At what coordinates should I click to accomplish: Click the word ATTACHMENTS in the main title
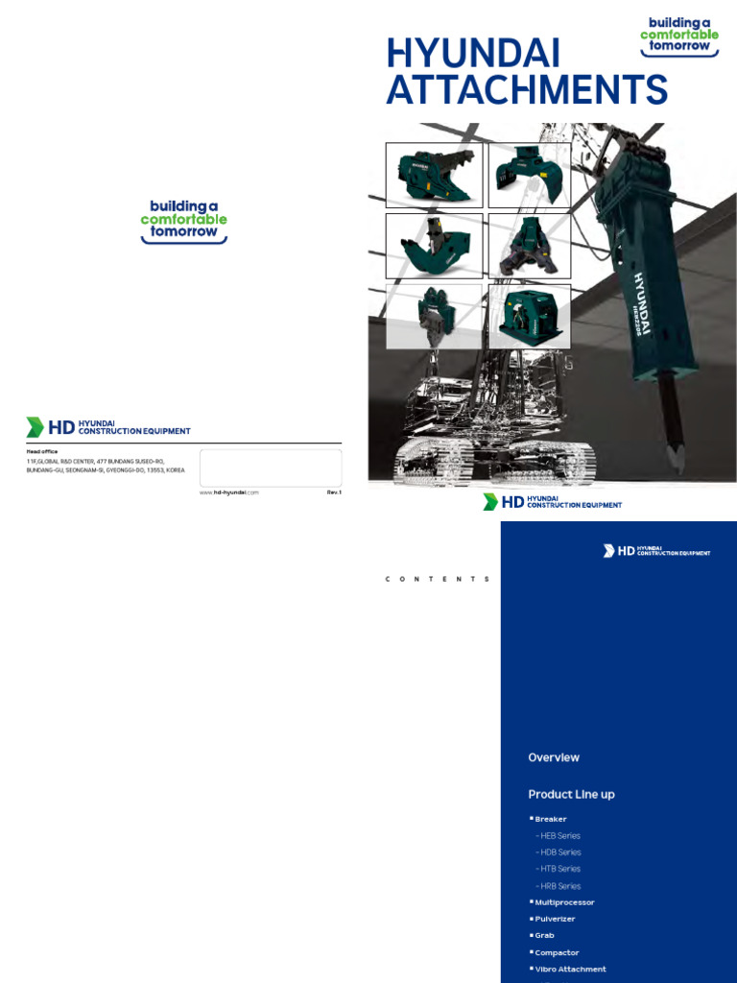click(527, 90)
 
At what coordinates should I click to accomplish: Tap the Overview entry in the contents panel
click(554, 757)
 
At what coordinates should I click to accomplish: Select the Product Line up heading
click(571, 794)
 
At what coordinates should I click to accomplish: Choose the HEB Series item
click(560, 836)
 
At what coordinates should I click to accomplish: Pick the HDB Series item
click(560, 852)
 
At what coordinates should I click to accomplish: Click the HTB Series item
click(560, 869)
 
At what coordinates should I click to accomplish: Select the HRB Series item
click(560, 886)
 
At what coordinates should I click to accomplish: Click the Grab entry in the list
click(544, 935)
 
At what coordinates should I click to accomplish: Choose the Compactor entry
click(557, 952)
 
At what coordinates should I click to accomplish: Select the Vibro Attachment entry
click(570, 969)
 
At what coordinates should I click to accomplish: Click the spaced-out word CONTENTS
click(438, 580)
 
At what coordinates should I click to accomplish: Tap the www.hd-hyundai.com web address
click(229, 491)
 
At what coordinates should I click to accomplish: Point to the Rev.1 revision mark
click(334, 491)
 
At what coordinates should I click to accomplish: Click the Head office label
click(42, 451)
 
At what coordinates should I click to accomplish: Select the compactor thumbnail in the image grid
click(530, 316)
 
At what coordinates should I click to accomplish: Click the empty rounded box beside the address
click(271, 468)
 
